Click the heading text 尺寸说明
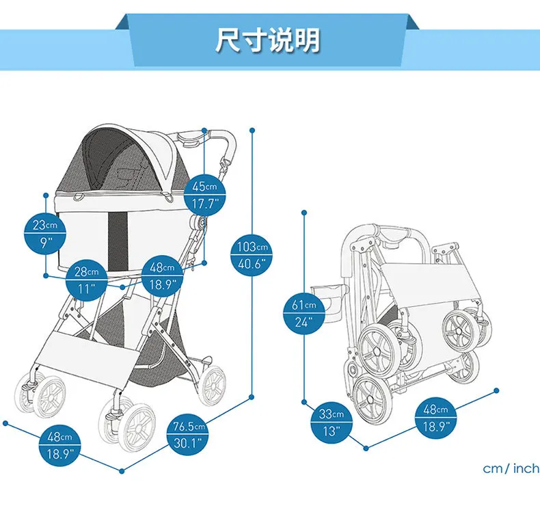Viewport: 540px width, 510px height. tap(268, 40)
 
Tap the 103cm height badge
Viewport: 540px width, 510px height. tap(253, 255)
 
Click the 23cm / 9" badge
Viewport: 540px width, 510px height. tap(46, 233)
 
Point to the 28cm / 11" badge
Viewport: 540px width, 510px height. tap(87, 280)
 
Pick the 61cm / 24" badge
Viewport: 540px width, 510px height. tap(303, 313)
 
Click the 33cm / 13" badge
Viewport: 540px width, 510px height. tap(332, 422)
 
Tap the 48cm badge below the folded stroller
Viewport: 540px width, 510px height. tap(435, 418)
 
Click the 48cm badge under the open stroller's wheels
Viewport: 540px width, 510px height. tap(60, 444)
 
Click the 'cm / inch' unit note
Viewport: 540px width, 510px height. tap(511, 469)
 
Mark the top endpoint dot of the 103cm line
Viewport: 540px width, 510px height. tap(253, 129)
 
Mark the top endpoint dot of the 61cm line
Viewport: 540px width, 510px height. tap(303, 213)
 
